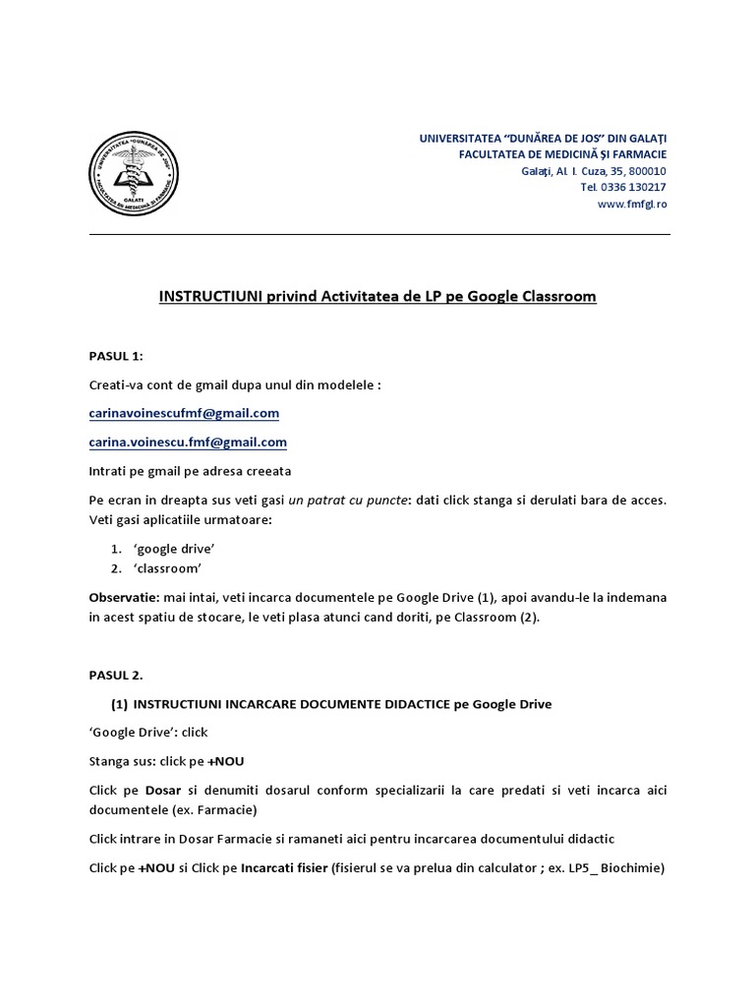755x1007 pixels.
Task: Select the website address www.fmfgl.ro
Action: [x=632, y=205]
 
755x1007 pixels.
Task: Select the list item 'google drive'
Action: [x=174, y=548]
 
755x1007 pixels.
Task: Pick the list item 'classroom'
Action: [x=169, y=568]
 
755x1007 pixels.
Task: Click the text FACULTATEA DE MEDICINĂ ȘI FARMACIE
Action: [x=563, y=154]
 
